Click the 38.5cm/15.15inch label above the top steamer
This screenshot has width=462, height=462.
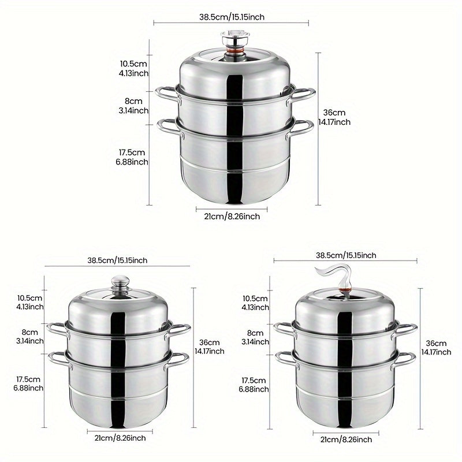click(x=232, y=17)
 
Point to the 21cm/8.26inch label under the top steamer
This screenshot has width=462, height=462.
click(x=232, y=217)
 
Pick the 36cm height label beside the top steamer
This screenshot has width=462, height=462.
click(x=334, y=117)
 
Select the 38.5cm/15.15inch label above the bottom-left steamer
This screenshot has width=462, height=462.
click(x=117, y=260)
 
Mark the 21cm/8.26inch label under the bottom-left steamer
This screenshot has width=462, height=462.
click(x=120, y=438)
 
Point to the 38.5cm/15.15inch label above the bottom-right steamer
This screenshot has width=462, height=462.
click(x=346, y=255)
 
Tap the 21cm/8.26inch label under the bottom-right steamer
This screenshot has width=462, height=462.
click(x=346, y=440)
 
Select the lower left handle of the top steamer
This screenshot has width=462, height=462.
click(x=170, y=128)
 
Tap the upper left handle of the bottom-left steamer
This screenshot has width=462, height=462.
click(x=58, y=330)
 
